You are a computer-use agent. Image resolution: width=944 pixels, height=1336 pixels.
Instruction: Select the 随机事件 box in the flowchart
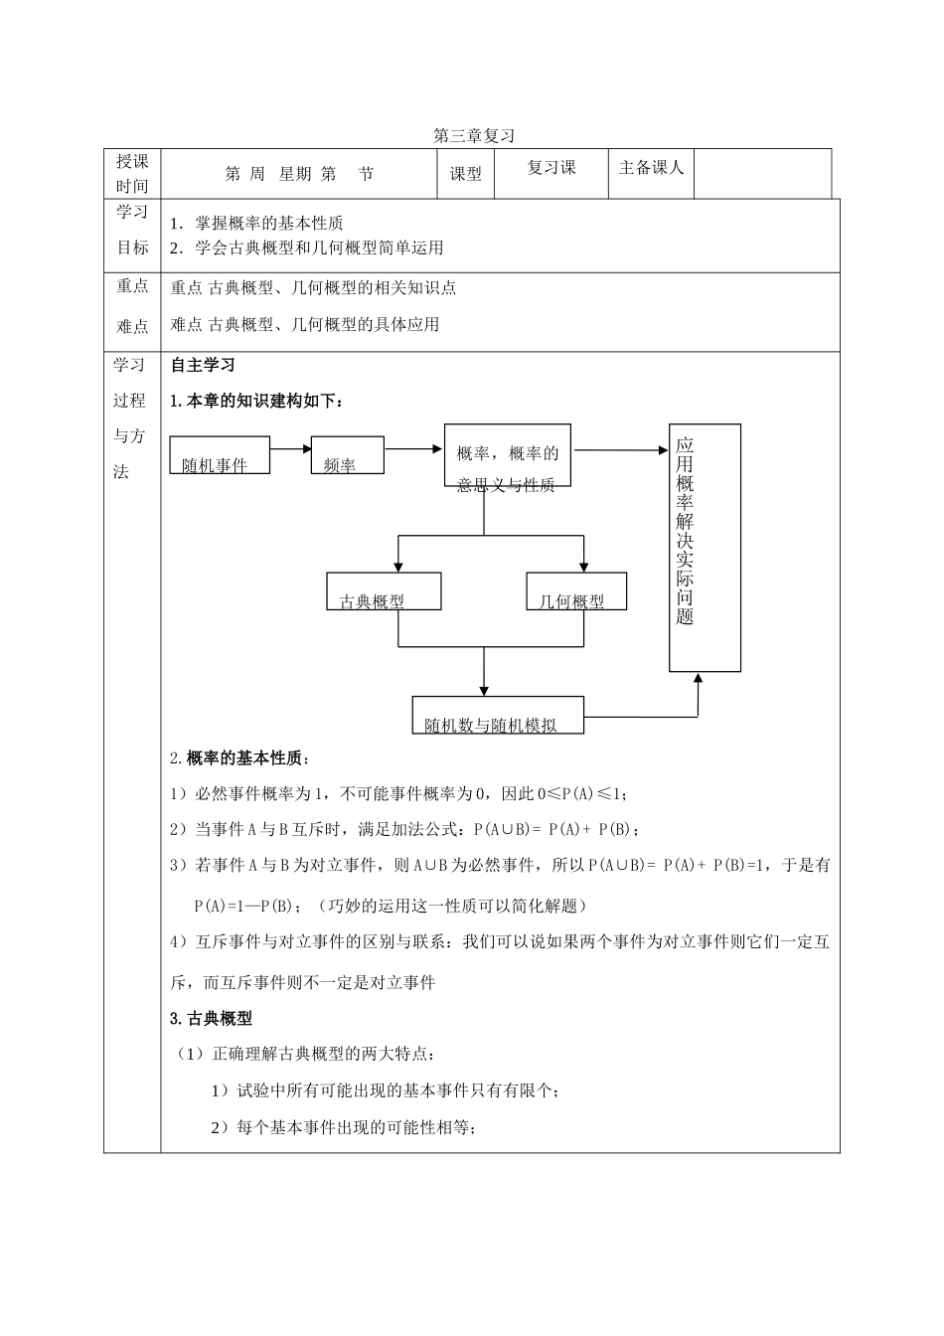pos(219,455)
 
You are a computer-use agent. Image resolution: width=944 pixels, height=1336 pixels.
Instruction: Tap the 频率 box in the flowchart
pos(348,455)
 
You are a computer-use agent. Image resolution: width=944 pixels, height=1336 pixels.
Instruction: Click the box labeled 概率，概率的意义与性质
pos(508,455)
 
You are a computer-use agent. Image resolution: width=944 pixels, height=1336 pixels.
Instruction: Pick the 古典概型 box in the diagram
pos(384,591)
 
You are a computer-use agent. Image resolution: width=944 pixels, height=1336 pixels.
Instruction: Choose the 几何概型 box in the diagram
pos(576,591)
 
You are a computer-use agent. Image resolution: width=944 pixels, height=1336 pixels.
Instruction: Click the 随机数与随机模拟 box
pos(498,715)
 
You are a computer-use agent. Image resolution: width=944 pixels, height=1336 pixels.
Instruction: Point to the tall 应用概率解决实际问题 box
pos(705,548)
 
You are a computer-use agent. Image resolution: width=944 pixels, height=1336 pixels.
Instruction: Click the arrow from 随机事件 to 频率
pos(291,448)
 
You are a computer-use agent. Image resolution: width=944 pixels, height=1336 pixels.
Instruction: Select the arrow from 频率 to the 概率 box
pos(413,448)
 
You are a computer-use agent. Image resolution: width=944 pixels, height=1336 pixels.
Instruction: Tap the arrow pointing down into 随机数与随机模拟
pos(484,676)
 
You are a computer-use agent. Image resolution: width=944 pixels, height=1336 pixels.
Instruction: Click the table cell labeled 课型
pos(466,174)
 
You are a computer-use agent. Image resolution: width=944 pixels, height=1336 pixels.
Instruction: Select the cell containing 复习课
pos(551,168)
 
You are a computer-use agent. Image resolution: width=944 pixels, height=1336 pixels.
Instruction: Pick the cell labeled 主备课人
pos(651,168)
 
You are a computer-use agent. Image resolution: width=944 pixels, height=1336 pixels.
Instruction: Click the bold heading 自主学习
pos(203,366)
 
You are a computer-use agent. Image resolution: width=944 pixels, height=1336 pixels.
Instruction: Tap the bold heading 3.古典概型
pos(211,1018)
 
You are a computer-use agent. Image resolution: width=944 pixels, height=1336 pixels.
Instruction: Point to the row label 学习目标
pos(132,230)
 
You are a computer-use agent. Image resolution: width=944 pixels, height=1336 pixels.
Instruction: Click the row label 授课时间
pos(132,174)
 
